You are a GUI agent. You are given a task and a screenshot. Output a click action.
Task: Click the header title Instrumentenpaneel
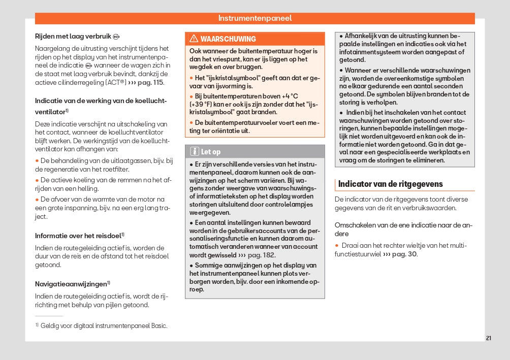[255, 18]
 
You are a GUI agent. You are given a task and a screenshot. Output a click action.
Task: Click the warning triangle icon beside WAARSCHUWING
[194, 39]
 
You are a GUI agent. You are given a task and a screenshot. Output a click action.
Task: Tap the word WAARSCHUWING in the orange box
[228, 39]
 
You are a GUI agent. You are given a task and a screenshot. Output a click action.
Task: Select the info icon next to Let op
[194, 151]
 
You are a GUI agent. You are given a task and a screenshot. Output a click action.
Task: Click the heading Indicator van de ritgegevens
[390, 184]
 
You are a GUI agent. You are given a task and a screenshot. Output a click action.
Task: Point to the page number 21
[488, 338]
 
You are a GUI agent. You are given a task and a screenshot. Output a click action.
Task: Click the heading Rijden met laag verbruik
[73, 36]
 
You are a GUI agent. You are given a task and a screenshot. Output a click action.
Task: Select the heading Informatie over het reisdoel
[78, 236]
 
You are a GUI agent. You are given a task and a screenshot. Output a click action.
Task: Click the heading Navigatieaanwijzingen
[71, 284]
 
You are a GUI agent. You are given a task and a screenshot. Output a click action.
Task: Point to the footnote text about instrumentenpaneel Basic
[104, 325]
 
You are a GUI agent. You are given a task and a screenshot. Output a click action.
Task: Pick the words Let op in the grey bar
[211, 151]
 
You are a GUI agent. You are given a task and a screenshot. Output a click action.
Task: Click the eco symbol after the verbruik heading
[116, 37]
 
